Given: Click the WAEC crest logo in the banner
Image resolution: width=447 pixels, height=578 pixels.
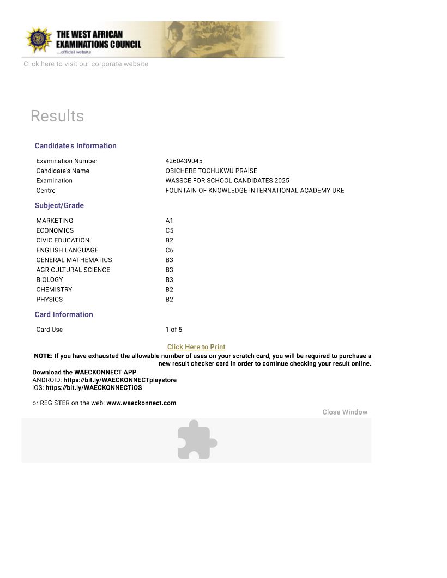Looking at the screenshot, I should tap(38, 39).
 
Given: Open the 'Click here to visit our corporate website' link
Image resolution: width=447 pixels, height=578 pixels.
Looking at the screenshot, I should tap(86, 64).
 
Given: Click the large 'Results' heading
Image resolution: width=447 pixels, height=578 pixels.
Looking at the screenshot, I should tap(57, 116).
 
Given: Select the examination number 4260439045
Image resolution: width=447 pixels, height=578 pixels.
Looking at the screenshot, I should tap(184, 161).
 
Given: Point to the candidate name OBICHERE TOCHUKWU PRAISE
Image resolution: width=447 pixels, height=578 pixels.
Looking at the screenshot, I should tap(211, 171).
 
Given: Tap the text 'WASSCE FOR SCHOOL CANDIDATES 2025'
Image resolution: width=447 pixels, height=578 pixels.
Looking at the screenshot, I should tap(227, 180).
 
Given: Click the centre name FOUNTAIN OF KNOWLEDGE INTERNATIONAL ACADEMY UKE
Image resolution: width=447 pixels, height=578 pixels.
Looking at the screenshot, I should tap(255, 190).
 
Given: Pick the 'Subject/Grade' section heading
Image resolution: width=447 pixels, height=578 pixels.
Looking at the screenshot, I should tap(59, 205).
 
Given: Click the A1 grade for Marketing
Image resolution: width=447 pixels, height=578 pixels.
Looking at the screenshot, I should tap(169, 221).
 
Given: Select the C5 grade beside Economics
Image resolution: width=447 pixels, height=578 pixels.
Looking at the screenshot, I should tap(169, 230).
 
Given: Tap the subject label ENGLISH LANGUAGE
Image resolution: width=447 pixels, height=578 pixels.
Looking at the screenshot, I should tap(67, 250).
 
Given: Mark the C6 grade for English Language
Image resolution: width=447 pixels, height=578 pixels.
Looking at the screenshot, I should tap(169, 250).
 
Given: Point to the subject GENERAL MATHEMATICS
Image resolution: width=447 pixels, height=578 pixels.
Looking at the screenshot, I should tap(74, 260).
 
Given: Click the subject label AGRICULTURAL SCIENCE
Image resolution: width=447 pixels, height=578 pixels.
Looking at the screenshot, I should tap(73, 270).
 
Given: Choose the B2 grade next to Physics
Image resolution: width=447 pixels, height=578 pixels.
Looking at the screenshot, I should tap(169, 299).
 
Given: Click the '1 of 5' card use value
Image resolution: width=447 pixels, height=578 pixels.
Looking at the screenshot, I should tap(174, 330).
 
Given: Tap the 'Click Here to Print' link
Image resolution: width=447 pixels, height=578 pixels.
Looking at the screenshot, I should tap(196, 347).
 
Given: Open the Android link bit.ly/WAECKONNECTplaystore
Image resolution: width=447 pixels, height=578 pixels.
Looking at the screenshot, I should tap(120, 380).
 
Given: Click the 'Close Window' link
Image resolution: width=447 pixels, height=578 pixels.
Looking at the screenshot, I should tap(345, 412).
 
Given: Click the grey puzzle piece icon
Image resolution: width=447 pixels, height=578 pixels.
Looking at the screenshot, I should tap(197, 439).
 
